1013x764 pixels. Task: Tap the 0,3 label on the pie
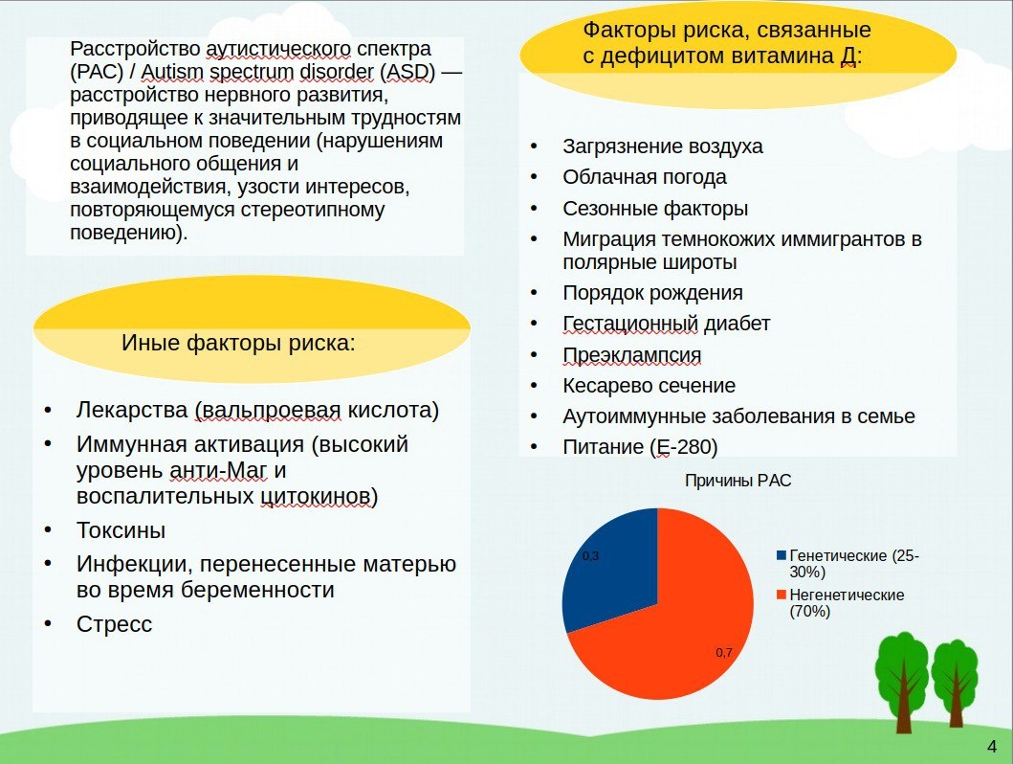point(590,555)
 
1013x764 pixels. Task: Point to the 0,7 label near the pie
point(724,653)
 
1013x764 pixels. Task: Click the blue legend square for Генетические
point(782,556)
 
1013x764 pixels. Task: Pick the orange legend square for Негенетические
point(782,595)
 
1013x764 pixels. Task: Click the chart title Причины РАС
point(738,482)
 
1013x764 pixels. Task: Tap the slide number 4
point(992,747)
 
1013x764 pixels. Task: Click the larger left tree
point(901,675)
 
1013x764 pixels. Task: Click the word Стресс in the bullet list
point(114,624)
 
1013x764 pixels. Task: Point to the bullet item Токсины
point(121,530)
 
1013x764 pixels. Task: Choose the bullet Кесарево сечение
point(649,386)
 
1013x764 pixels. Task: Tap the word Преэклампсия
point(631,355)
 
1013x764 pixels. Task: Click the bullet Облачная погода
point(644,177)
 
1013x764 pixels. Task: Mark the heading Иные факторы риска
point(238,343)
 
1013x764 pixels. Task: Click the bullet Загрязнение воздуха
point(662,146)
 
